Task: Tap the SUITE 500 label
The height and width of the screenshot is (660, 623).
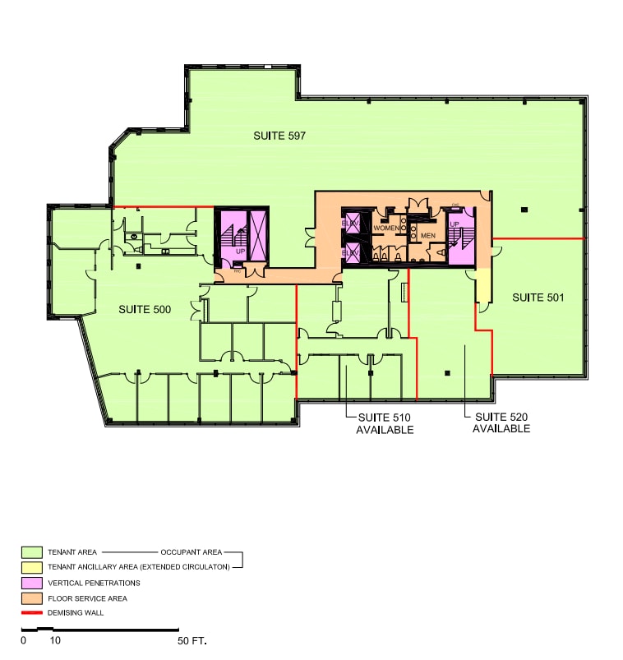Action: coord(145,309)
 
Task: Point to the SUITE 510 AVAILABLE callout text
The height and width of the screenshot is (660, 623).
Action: coord(384,423)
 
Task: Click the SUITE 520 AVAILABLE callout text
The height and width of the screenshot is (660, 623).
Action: coord(501,422)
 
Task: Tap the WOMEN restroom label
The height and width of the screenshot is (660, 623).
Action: coord(387,228)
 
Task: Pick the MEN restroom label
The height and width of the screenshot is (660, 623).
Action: coord(427,236)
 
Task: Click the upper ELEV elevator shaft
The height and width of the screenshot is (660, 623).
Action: coord(351,224)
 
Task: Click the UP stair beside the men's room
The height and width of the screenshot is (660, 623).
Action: coord(459,237)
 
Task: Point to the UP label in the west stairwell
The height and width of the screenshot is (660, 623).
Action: coord(241,252)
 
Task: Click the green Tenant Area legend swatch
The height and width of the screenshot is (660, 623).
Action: coord(32,552)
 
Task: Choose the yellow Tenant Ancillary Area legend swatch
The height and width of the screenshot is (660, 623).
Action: coord(32,567)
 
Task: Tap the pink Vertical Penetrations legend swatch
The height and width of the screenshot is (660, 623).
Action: coord(32,583)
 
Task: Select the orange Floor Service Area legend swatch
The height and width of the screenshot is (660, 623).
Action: coord(32,598)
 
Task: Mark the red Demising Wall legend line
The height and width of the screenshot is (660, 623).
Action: coord(32,613)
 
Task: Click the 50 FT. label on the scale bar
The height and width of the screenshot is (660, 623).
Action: coord(192,639)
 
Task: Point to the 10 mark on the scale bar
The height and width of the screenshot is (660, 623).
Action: coord(55,639)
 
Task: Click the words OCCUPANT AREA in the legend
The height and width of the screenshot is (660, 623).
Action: coord(191,552)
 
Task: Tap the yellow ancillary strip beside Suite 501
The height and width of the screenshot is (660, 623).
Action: coord(483,286)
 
